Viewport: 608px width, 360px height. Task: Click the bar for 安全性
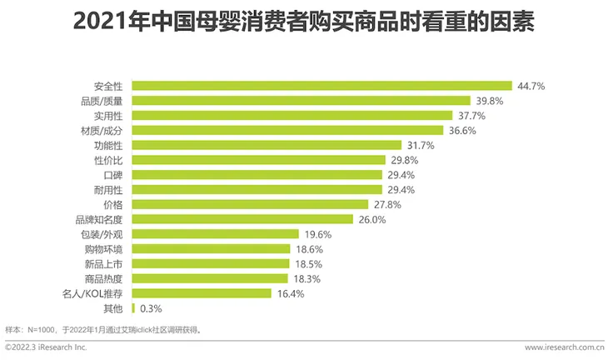point(321,85)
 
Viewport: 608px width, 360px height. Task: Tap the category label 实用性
point(109,115)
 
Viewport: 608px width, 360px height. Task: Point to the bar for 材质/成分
point(287,130)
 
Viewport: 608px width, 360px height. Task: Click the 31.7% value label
point(421,145)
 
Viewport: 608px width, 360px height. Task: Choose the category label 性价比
point(109,159)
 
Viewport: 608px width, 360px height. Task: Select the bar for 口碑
point(257,174)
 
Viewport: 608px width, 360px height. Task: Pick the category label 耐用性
point(109,189)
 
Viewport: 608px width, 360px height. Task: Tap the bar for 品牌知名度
point(243,219)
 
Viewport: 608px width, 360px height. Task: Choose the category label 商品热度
point(105,278)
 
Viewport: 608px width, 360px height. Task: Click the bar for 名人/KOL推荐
point(202,293)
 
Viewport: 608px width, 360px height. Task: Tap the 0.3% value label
point(151,308)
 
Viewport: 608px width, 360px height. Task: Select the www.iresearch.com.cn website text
point(564,347)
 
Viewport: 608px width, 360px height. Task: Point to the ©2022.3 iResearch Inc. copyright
point(47,347)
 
